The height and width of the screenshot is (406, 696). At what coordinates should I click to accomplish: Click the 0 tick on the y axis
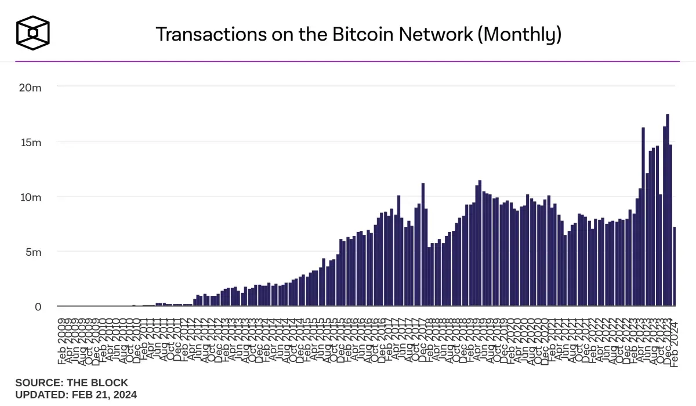[x=38, y=307]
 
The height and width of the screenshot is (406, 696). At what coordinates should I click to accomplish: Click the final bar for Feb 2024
[x=675, y=267]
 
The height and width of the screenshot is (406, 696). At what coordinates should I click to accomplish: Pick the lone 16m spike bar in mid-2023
[x=643, y=217]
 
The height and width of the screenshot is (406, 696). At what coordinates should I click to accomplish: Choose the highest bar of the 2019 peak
[x=480, y=244]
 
